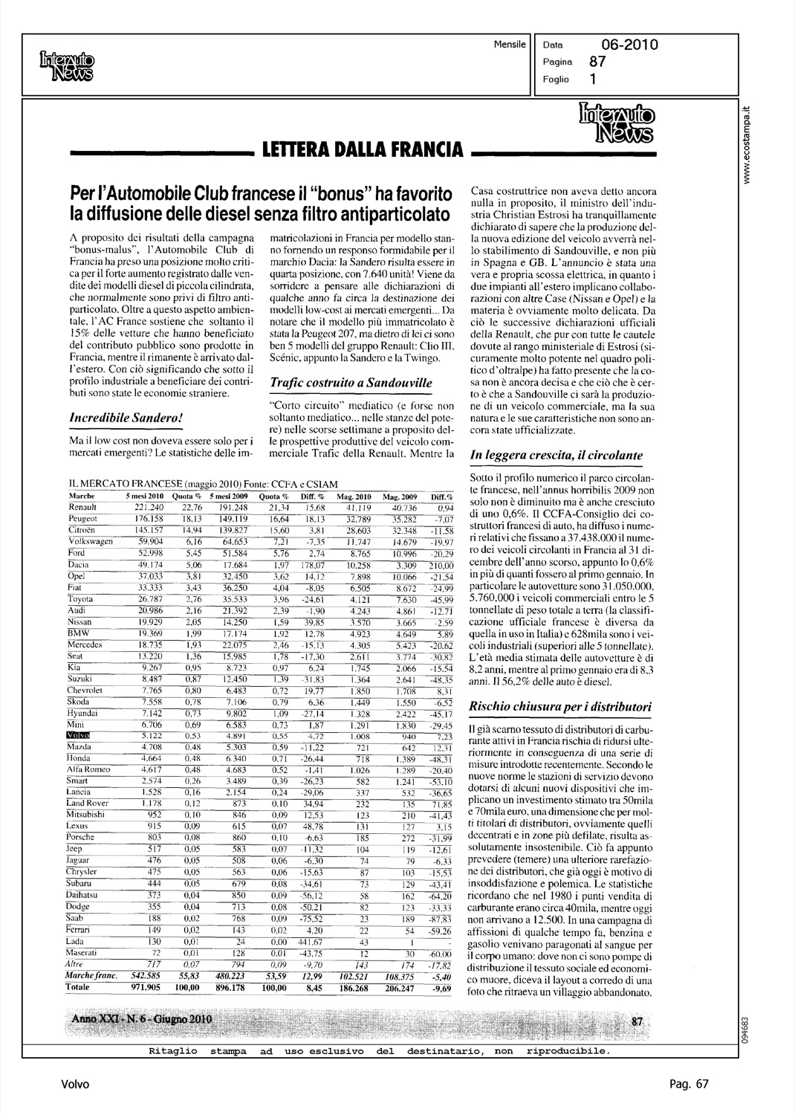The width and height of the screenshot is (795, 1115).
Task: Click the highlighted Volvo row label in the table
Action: (78, 735)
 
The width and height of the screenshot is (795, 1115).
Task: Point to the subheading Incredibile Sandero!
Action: (122, 418)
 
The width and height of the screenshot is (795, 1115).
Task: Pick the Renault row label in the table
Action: (82, 507)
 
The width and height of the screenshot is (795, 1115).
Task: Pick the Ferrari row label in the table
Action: (81, 931)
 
